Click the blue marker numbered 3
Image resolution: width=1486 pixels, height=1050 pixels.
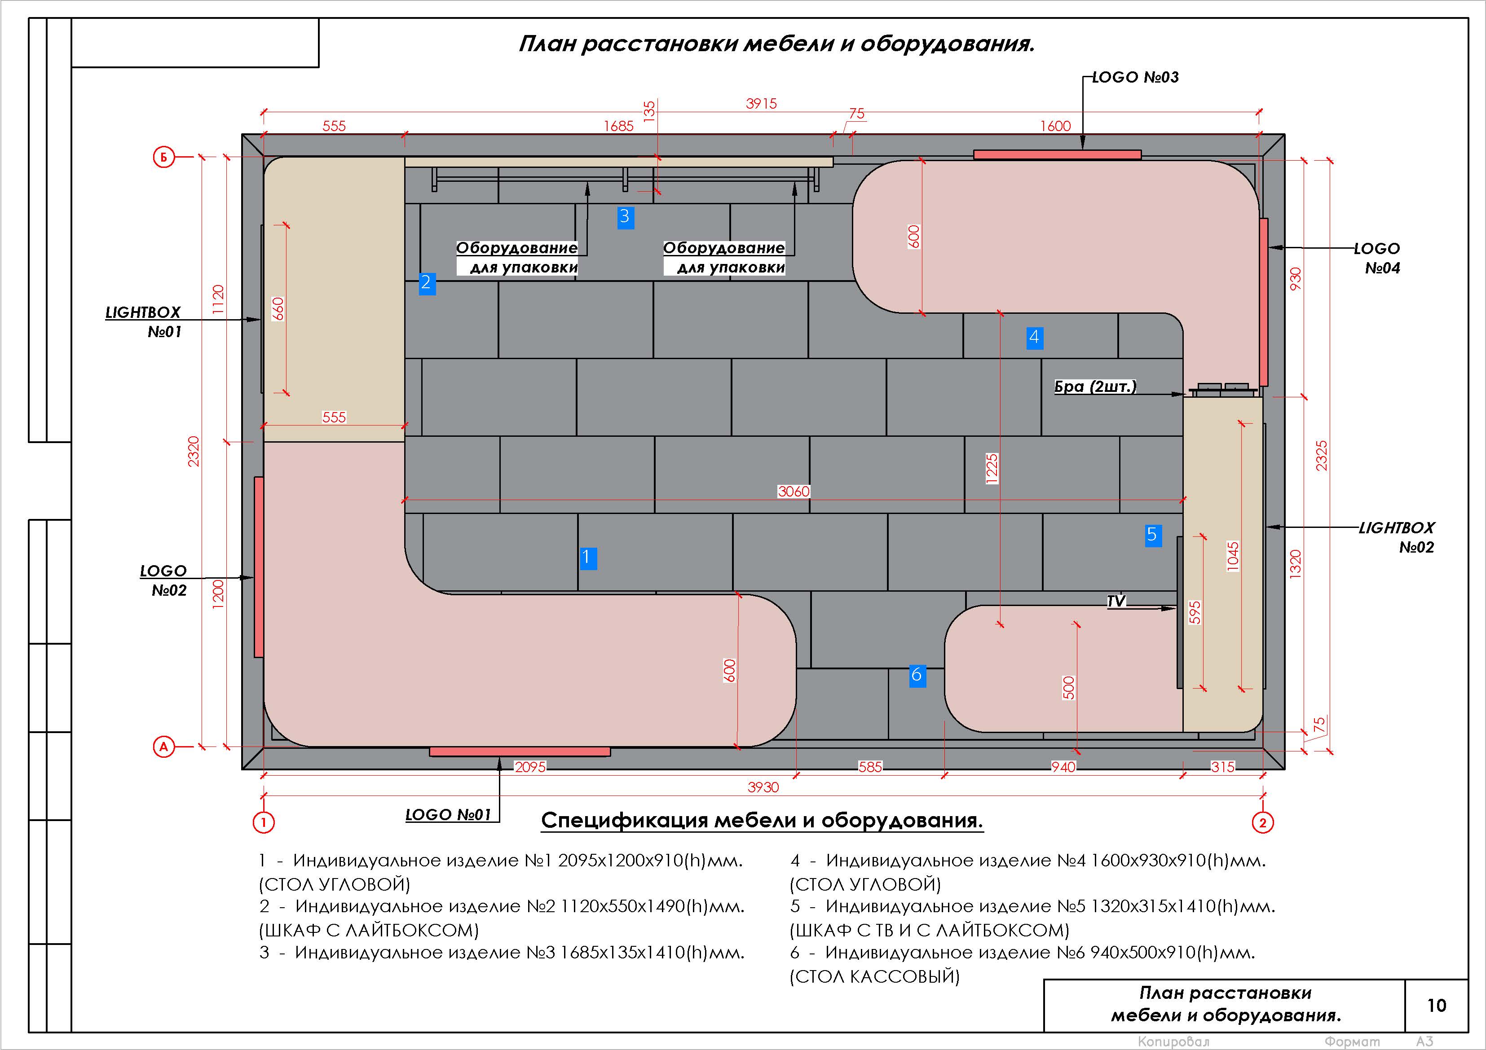coord(625,217)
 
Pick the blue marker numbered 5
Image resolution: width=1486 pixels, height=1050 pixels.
coord(1153,535)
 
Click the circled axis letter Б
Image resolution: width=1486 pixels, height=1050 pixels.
coord(164,157)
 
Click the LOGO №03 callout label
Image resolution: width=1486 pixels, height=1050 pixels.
coord(1135,78)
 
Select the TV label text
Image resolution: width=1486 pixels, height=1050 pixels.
coord(1116,602)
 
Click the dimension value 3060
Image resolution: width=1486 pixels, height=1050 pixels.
coord(794,492)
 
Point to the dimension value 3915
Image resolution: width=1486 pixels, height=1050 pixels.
coord(761,104)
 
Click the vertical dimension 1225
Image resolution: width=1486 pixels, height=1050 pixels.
coord(992,468)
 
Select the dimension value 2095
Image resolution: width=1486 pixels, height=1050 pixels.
coord(530,767)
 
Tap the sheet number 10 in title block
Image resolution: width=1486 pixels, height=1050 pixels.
coord(1436,1006)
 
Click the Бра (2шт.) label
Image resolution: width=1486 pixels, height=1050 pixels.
coord(1095,387)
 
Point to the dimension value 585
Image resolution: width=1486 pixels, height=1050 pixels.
coord(870,767)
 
